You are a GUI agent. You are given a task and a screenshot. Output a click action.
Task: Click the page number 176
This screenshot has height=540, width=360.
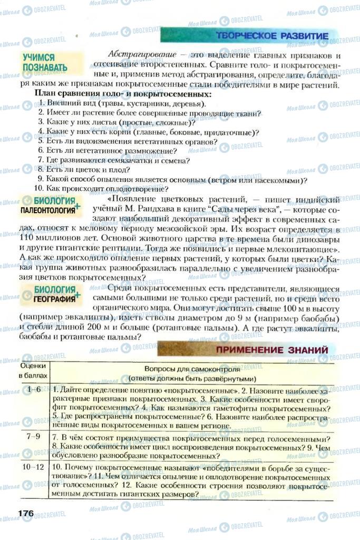26,513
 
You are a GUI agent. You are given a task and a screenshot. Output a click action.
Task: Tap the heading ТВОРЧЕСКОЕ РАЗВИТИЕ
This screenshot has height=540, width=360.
272,36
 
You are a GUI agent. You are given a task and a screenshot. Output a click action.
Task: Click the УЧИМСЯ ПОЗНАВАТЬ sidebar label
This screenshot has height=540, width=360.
45,62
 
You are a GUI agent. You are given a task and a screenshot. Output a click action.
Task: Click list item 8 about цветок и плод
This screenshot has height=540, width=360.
83,170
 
